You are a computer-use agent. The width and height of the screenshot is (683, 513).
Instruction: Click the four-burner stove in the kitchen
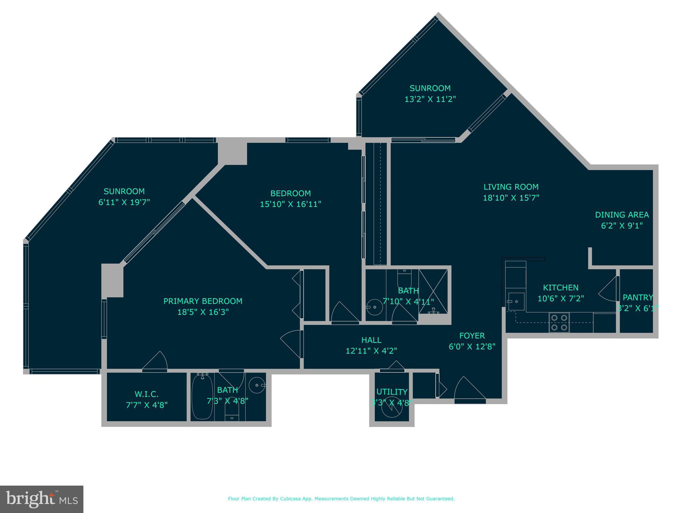(x=559, y=323)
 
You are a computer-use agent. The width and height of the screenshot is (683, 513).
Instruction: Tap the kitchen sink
(x=516, y=302)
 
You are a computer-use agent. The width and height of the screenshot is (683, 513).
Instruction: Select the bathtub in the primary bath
(x=202, y=396)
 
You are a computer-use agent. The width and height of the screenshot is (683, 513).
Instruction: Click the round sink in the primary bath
(x=257, y=385)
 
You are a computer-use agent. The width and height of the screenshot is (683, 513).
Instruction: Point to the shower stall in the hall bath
(x=433, y=291)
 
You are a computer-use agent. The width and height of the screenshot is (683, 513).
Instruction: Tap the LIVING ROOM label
(x=511, y=187)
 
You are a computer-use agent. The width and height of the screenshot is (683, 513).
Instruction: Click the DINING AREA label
(x=622, y=215)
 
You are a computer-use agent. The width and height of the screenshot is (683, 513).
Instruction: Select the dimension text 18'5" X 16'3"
(x=203, y=312)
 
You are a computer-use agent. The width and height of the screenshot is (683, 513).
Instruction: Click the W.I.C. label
(x=146, y=394)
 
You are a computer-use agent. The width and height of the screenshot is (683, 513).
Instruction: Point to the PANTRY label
(x=638, y=297)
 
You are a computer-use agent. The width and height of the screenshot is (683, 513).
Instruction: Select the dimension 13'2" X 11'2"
(x=430, y=99)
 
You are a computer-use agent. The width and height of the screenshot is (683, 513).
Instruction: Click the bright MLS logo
(x=42, y=499)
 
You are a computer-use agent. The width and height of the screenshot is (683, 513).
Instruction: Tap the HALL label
(x=371, y=340)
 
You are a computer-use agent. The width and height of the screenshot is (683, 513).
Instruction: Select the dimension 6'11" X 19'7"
(x=124, y=202)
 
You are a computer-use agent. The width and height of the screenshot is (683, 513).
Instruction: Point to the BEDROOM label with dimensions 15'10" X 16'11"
(x=290, y=193)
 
